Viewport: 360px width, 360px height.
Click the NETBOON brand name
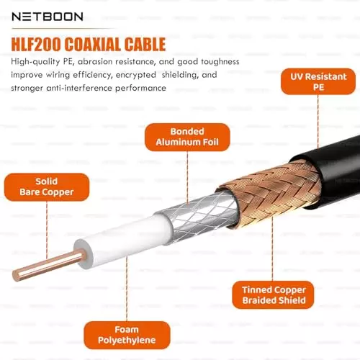(46, 16)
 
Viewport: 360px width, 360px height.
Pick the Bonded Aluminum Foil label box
(187, 138)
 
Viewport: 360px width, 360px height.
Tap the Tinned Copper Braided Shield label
(273, 294)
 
